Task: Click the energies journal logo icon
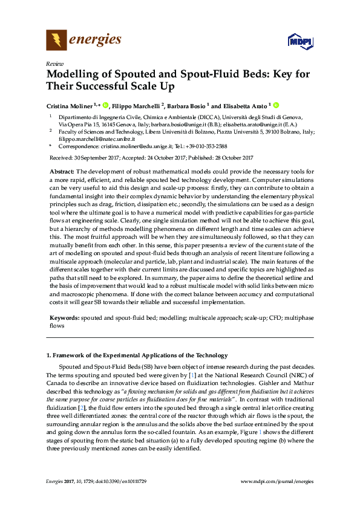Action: [x=57, y=41]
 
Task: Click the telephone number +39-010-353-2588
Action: [x=207, y=146]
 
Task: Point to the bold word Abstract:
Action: [x=62, y=172]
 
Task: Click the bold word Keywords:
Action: [x=64, y=317]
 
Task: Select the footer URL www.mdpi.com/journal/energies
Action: [x=277, y=481]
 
